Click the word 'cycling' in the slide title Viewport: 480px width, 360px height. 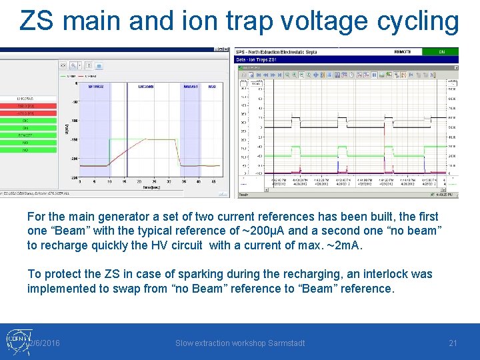click(x=418, y=21)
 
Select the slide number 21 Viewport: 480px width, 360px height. click(x=453, y=343)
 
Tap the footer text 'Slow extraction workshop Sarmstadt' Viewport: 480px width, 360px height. click(x=240, y=343)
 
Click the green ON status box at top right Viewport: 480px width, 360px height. click(x=441, y=51)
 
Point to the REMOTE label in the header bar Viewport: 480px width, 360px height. click(x=403, y=51)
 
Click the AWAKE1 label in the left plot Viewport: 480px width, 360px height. click(x=190, y=87)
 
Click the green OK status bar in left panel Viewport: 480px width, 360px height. click(x=26, y=121)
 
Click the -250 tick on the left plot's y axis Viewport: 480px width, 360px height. click(x=75, y=177)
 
